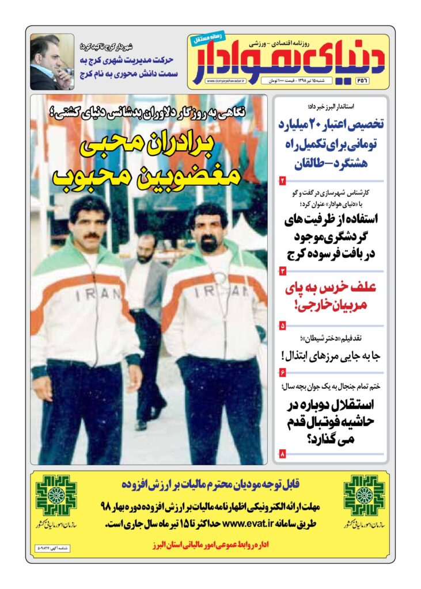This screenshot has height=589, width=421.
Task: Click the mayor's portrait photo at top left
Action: point(52,62)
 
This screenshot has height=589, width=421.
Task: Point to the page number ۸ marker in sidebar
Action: point(282,454)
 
